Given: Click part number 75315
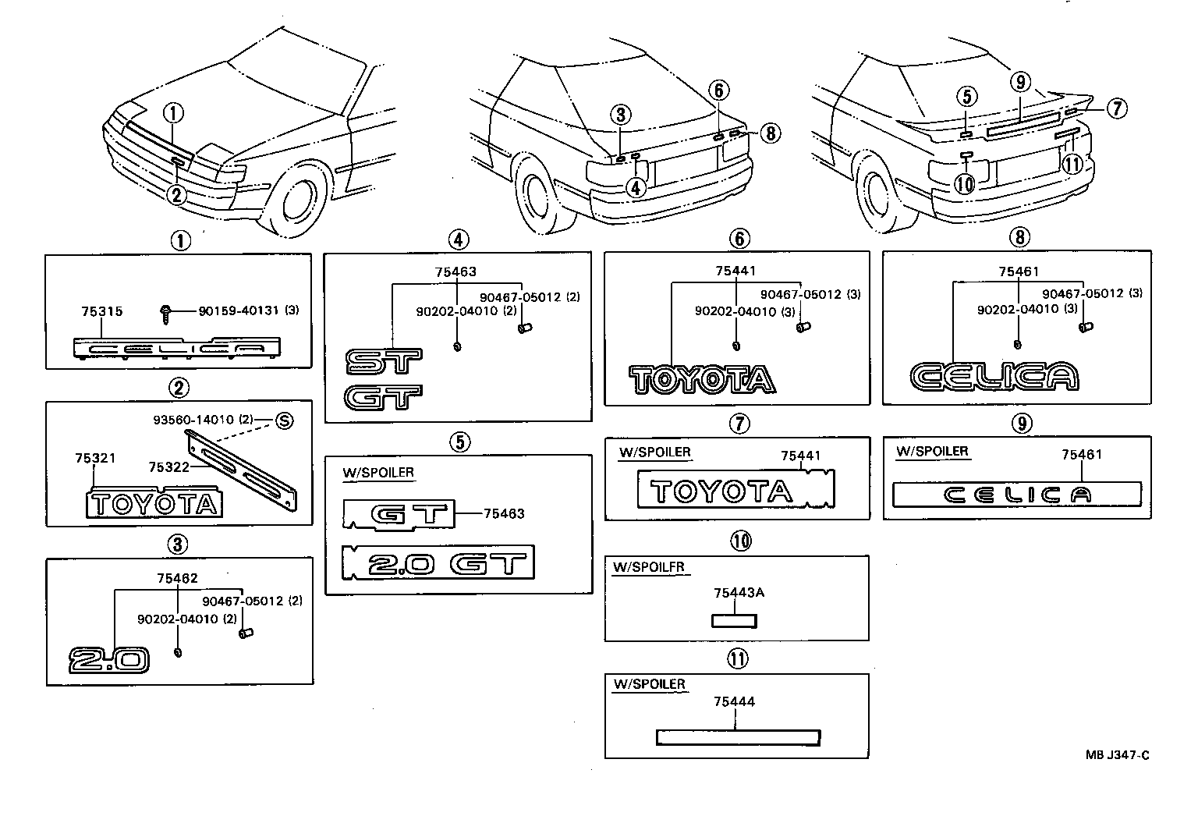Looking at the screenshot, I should pos(101,311).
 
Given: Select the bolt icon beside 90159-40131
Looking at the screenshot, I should pos(166,312).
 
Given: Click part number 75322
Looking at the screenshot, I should pos(168,467).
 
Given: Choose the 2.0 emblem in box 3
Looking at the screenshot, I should pos(108,659).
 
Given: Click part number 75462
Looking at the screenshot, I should pos(177,578).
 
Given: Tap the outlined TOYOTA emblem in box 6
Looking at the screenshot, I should pos(702,379).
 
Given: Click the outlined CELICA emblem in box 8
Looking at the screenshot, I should pos(994,377).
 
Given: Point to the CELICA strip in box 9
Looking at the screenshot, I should pos(1016,494).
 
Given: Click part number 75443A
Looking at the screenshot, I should pos(738,593).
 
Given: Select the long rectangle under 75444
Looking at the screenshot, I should pos(737,737).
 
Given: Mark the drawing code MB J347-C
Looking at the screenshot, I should pos(1117,754).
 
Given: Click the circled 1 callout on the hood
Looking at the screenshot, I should pos(174,114).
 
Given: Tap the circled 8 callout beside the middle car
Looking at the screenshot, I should pos(769,133).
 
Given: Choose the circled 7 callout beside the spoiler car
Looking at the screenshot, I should pos(1116,108).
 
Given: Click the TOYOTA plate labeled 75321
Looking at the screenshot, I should pos(153,504).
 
